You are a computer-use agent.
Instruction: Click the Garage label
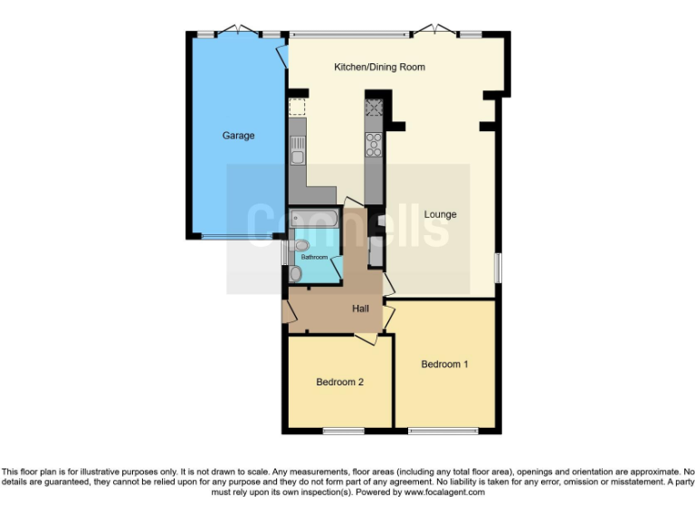pyautogui.click(x=239, y=136)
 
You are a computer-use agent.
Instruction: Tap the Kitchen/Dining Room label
pyautogui.click(x=379, y=68)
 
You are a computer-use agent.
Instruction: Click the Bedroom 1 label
pyautogui.click(x=444, y=365)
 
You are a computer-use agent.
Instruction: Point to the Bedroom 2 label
pyautogui.click(x=339, y=382)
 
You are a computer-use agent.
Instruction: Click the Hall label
pyautogui.click(x=360, y=309)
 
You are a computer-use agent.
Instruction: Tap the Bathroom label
pyautogui.click(x=314, y=258)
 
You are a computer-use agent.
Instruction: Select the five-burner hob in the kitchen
pyautogui.click(x=374, y=146)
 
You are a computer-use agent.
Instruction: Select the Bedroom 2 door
pyautogui.click(x=367, y=337)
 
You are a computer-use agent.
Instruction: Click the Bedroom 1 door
pyautogui.click(x=388, y=317)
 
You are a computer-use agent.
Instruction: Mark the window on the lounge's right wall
pyautogui.click(x=496, y=267)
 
